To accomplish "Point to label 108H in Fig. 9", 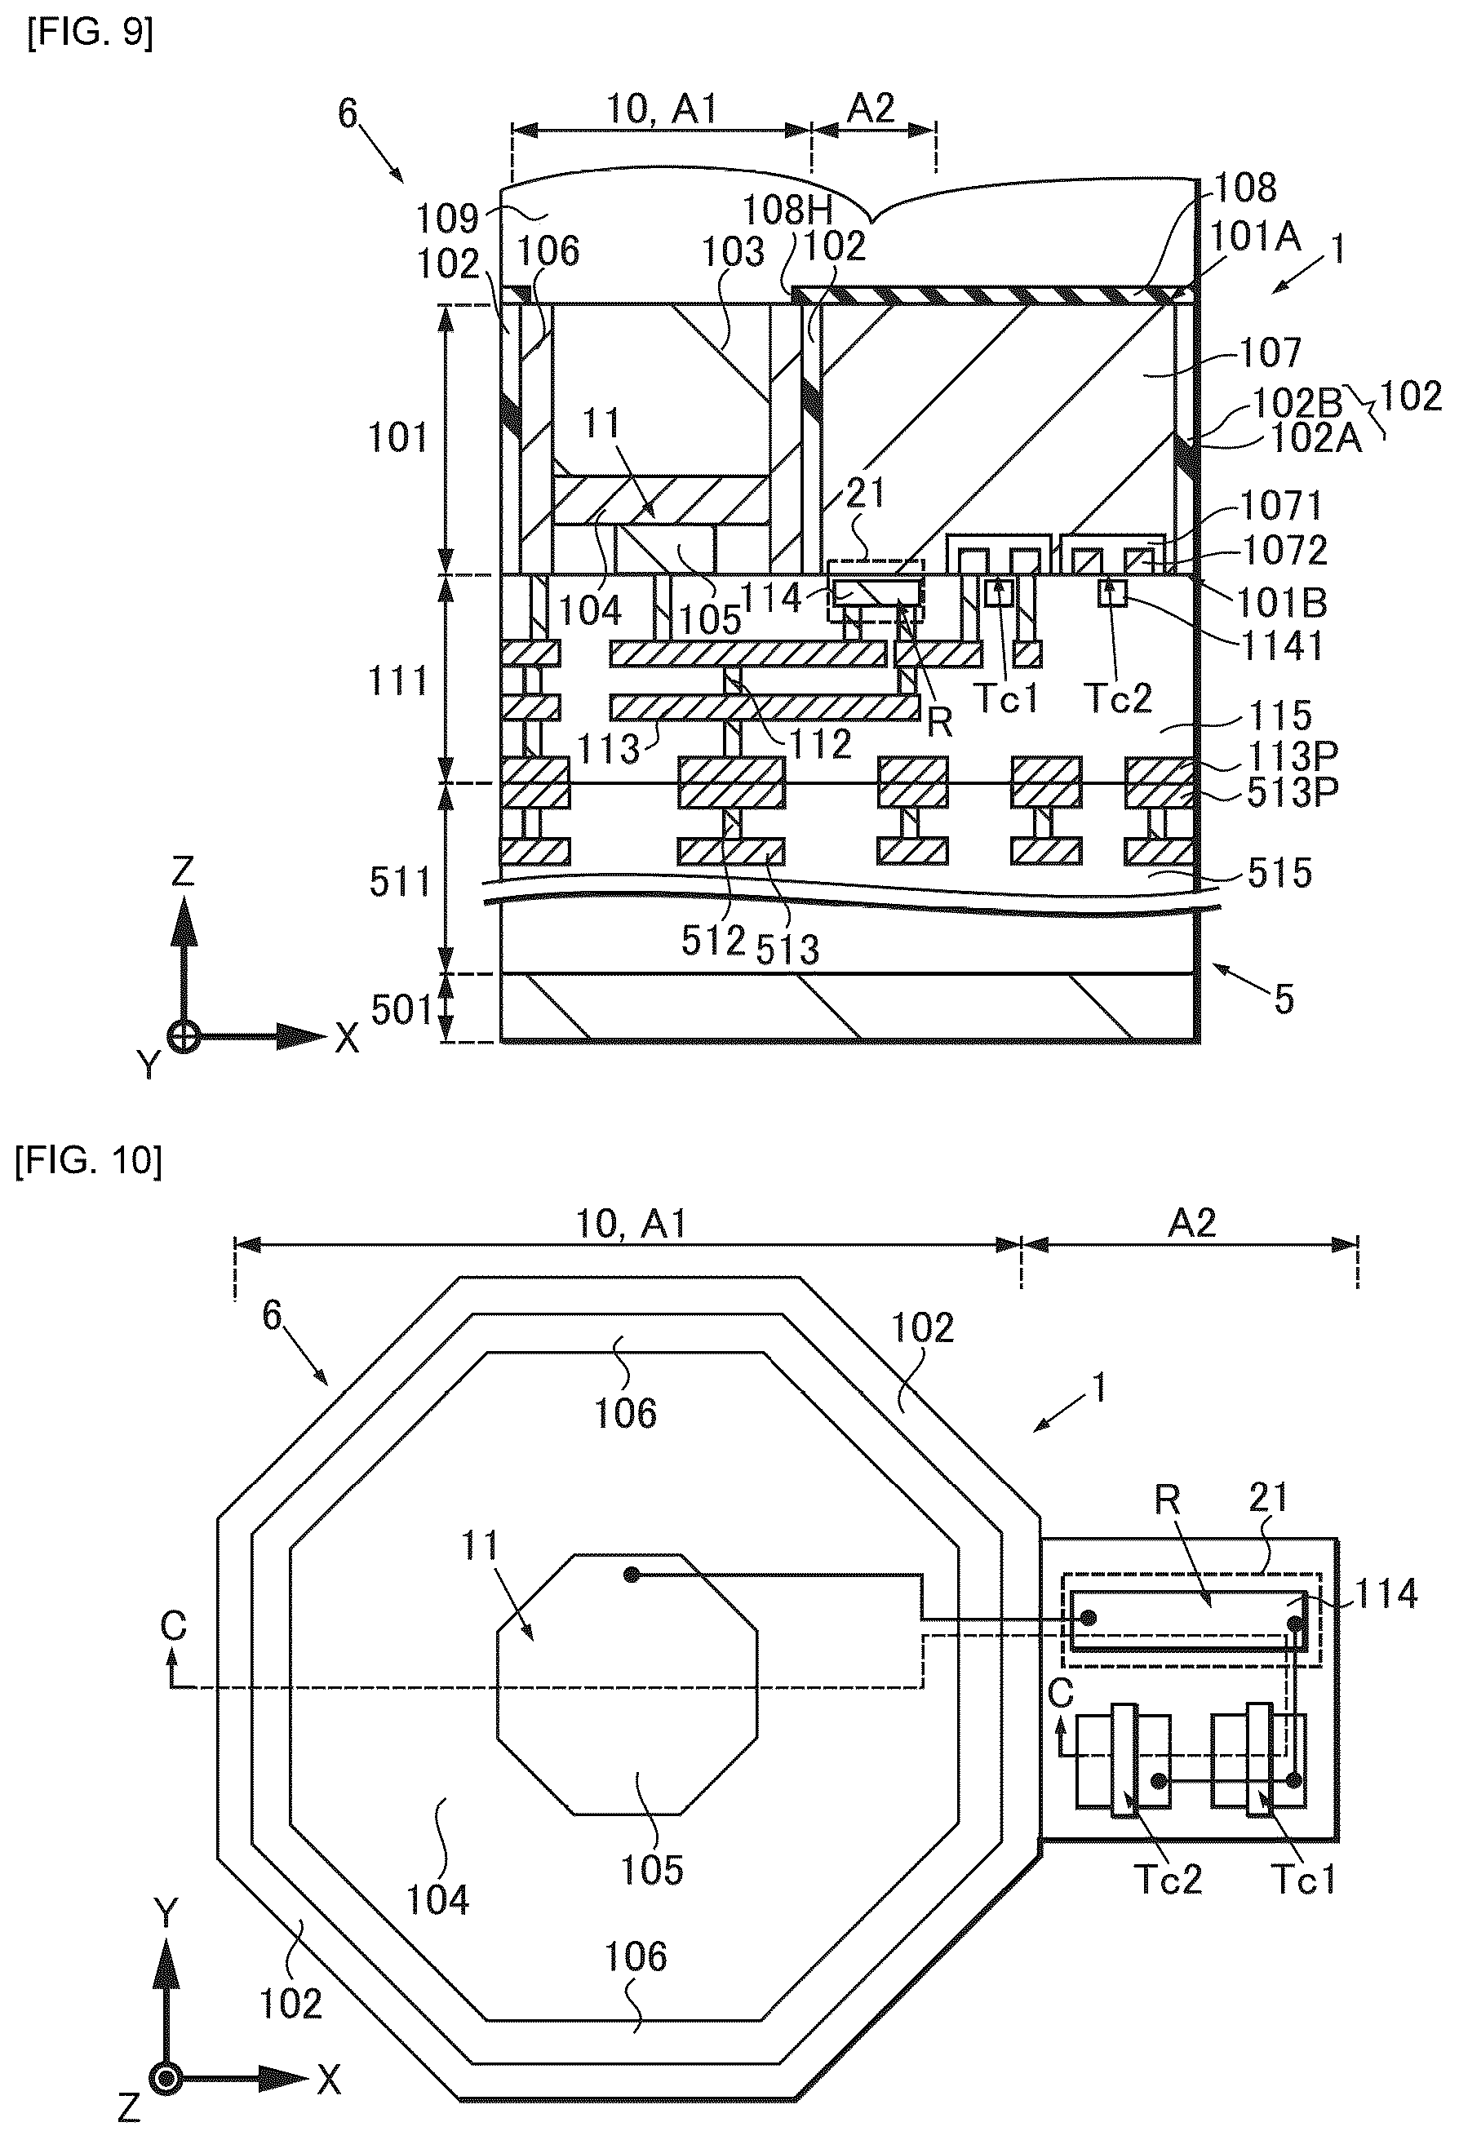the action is tap(787, 210).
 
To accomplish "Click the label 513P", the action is tap(1293, 793).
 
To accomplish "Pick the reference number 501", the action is tap(401, 1010).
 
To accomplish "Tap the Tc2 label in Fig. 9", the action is tap(1118, 699).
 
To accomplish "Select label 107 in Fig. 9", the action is tap(1271, 352).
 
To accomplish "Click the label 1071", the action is tap(1281, 506).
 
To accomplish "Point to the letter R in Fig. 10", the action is tap(1168, 1501).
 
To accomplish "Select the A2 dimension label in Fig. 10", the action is tap(1192, 1223).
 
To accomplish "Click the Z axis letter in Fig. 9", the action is tap(184, 871).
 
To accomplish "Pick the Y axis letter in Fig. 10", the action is tap(165, 1914).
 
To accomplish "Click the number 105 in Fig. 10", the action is tap(652, 1870).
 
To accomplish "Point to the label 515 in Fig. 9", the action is tap(1280, 872).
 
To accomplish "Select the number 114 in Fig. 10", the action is tap(1386, 1594).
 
